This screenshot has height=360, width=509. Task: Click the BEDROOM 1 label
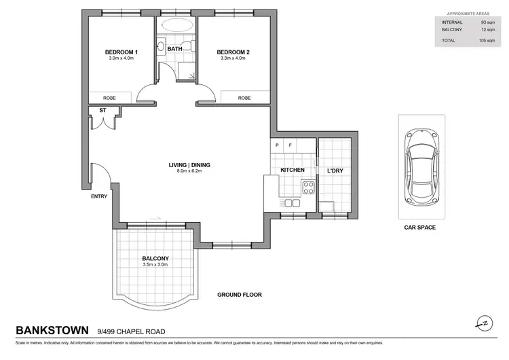pyautogui.click(x=121, y=52)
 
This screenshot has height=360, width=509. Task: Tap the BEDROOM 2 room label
pyautogui.click(x=233, y=52)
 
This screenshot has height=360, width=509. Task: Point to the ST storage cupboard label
pyautogui.click(x=102, y=109)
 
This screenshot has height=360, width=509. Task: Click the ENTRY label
pyautogui.click(x=99, y=196)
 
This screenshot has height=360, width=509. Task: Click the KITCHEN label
pyautogui.click(x=292, y=169)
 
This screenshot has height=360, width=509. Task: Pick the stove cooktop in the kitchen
pyautogui.click(x=309, y=187)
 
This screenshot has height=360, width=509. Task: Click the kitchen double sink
pyautogui.click(x=293, y=202)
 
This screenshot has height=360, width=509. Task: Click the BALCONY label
pyautogui.click(x=155, y=258)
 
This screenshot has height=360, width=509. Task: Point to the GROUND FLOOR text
pyautogui.click(x=239, y=295)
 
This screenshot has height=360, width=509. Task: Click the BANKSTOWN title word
pyautogui.click(x=52, y=331)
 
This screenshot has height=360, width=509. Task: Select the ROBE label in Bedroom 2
pyautogui.click(x=244, y=98)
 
